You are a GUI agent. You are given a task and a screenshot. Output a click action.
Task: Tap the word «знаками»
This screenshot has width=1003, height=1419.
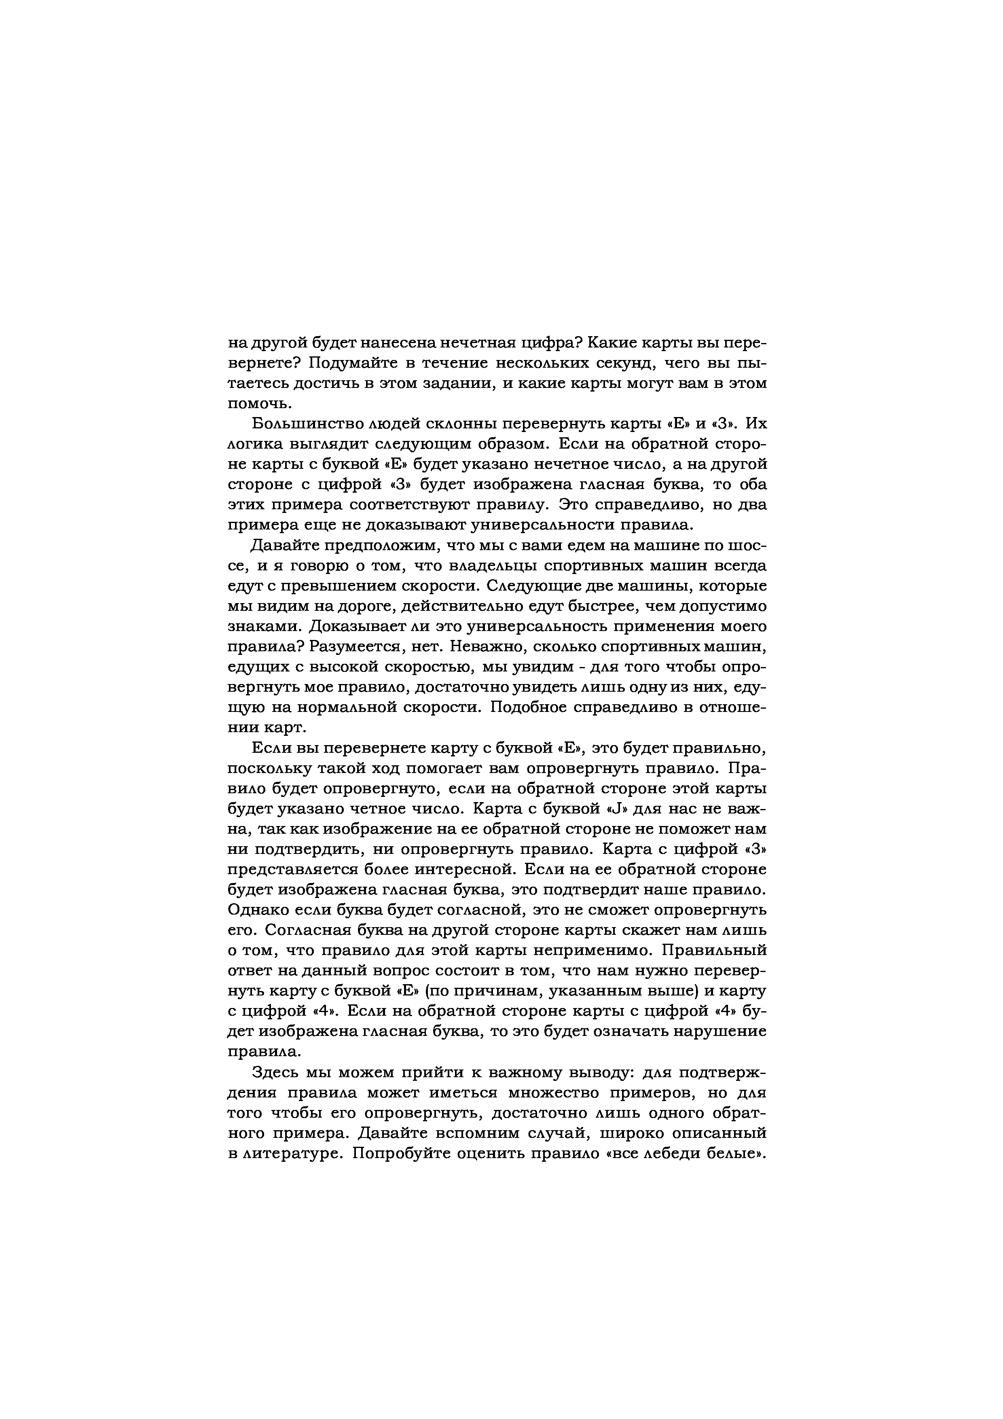[x=263, y=626]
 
